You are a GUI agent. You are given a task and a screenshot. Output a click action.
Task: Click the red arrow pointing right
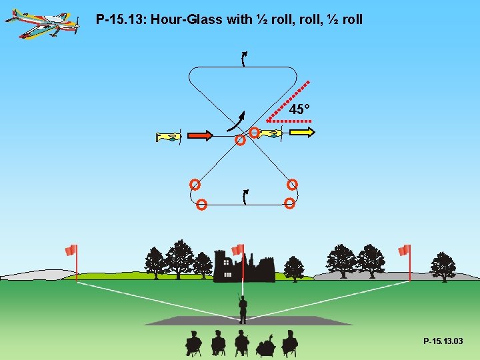200,136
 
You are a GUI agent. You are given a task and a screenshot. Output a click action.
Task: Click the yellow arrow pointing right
302,133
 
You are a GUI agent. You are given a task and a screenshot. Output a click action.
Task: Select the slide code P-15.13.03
443,341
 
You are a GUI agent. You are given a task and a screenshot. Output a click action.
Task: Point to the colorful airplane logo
41,23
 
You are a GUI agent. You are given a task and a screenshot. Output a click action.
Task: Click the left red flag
71,251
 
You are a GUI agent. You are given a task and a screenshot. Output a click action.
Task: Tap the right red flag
404,250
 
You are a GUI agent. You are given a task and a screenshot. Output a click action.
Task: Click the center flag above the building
238,249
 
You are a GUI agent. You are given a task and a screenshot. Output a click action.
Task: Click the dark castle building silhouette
243,267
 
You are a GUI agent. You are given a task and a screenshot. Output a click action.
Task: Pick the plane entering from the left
168,137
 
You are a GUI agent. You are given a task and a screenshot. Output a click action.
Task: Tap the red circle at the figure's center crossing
240,141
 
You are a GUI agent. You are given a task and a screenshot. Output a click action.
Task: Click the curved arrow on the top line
244,59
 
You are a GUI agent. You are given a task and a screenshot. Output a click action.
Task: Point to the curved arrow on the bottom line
245,197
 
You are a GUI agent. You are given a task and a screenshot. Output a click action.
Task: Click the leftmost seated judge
193,343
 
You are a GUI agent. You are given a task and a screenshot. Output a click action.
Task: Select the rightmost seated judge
289,343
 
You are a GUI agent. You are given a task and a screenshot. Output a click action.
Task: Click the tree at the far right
443,267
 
